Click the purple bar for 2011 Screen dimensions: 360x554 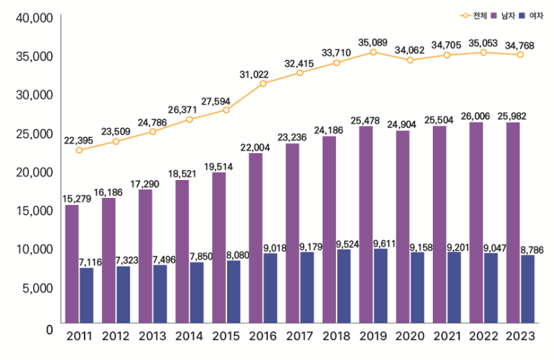(x=72, y=264)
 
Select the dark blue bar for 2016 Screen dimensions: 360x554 (x=270, y=288)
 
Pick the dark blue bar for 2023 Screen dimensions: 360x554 (x=527, y=289)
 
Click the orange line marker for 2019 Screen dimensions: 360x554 (x=373, y=52)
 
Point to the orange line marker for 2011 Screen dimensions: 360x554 (x=80, y=150)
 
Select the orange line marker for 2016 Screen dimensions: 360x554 (x=263, y=84)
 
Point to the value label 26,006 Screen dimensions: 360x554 (x=476, y=116)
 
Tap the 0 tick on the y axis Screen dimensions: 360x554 (x=49, y=329)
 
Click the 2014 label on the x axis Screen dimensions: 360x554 (x=190, y=337)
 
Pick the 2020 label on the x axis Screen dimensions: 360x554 (x=410, y=337)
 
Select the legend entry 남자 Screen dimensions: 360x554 (x=508, y=15)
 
